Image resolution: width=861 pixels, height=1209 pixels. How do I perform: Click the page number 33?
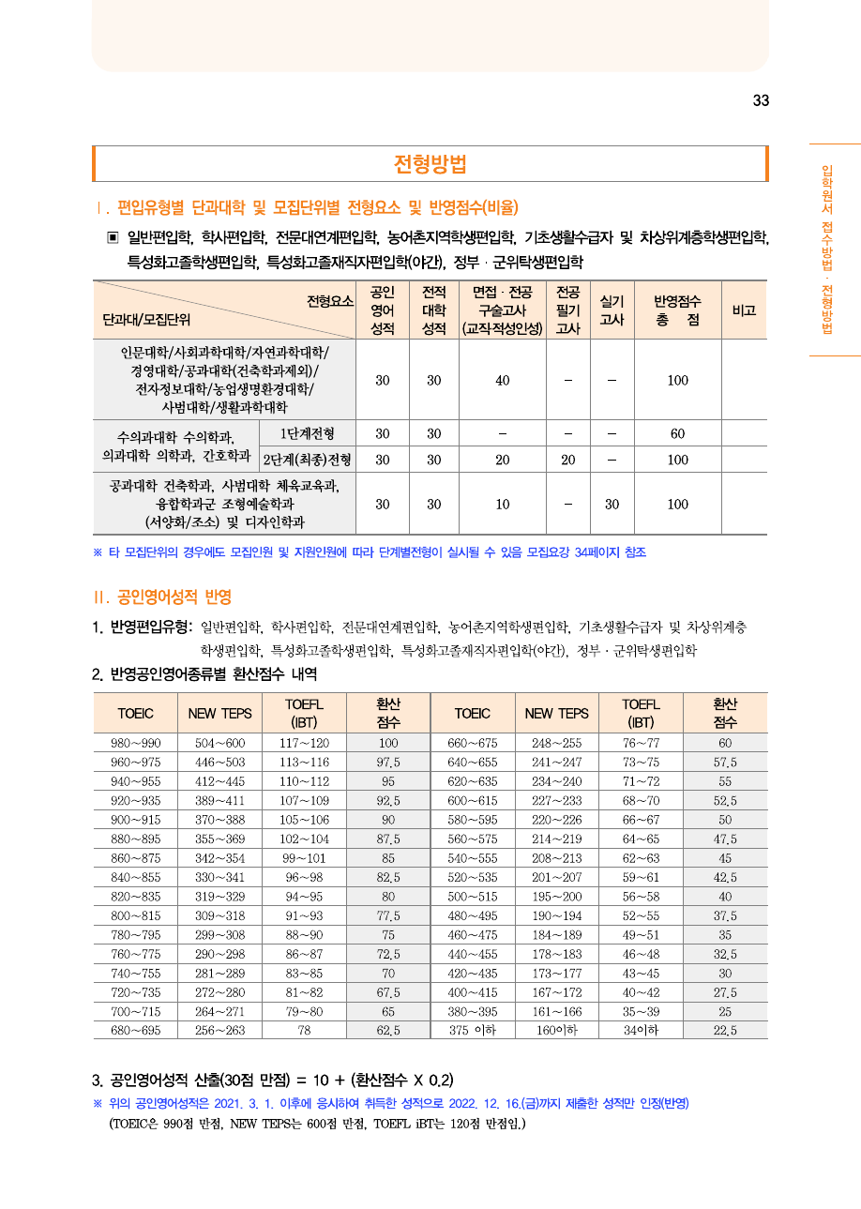(x=761, y=101)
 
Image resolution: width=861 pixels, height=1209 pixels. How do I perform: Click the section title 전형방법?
(x=430, y=164)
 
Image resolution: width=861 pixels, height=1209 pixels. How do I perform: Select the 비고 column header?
(x=744, y=310)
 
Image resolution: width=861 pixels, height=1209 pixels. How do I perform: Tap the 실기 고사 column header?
(x=612, y=310)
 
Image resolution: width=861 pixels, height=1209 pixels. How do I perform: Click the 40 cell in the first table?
(x=503, y=380)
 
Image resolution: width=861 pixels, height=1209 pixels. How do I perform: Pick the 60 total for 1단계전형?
(x=677, y=433)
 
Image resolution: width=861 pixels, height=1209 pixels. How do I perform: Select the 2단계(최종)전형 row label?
(x=308, y=460)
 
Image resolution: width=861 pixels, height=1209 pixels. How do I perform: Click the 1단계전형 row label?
(x=308, y=433)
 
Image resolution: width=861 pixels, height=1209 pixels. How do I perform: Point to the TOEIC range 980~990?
(x=135, y=743)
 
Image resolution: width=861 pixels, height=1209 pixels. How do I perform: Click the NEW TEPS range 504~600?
(x=219, y=743)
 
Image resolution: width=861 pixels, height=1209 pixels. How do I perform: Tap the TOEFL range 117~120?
(x=304, y=743)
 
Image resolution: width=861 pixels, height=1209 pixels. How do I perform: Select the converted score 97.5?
(x=388, y=762)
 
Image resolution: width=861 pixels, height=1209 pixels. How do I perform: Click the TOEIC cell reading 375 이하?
(x=472, y=1030)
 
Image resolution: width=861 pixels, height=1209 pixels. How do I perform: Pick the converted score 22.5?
(x=725, y=1030)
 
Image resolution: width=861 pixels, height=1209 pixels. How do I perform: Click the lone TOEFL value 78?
(x=304, y=1030)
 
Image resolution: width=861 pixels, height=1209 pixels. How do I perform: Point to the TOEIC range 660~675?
(x=472, y=743)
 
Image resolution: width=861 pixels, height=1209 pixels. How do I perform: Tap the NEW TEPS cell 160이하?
(x=556, y=1030)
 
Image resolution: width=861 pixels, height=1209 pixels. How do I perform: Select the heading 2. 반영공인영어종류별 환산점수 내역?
(x=204, y=674)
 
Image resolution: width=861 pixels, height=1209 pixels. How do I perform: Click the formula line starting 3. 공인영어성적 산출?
(x=272, y=1079)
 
